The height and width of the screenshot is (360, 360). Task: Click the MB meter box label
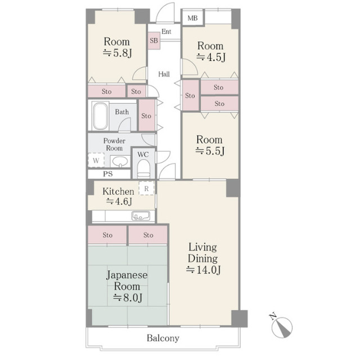click(x=192, y=18)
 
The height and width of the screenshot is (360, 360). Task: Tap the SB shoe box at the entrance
click(x=154, y=40)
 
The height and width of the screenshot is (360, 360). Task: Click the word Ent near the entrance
click(x=166, y=31)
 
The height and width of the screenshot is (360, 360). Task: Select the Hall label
click(x=164, y=74)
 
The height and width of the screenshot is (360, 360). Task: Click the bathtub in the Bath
click(x=100, y=116)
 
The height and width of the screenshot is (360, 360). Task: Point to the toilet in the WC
click(x=144, y=169)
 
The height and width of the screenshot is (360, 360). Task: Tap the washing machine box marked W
click(x=96, y=160)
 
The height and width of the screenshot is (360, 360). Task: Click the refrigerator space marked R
click(x=146, y=188)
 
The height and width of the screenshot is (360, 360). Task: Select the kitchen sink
click(x=141, y=216)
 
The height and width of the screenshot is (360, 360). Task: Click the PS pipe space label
click(x=107, y=174)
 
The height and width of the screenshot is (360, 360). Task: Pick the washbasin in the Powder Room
click(x=120, y=161)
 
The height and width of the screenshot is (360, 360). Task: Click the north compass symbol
click(x=281, y=326)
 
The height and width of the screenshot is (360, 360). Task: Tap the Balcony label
click(x=163, y=338)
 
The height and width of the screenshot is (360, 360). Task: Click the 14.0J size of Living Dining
click(x=204, y=269)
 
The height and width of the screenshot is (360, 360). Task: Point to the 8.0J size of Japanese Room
click(x=128, y=298)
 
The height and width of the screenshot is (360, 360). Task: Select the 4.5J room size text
click(x=211, y=57)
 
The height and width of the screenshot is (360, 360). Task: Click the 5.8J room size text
click(x=118, y=53)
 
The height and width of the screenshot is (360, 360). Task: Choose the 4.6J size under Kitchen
click(x=119, y=201)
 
